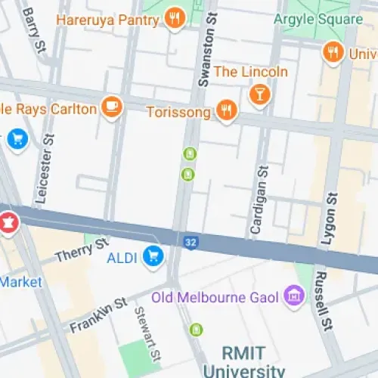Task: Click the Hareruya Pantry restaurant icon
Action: tap(175, 18)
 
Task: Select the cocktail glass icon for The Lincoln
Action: tap(259, 94)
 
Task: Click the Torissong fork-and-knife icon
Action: tap(225, 111)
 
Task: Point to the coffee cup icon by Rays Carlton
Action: tap(112, 107)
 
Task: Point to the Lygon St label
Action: tap(330, 219)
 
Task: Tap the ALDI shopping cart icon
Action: tap(154, 257)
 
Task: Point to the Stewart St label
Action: tap(147, 333)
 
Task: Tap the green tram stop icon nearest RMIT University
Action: tap(197, 330)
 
